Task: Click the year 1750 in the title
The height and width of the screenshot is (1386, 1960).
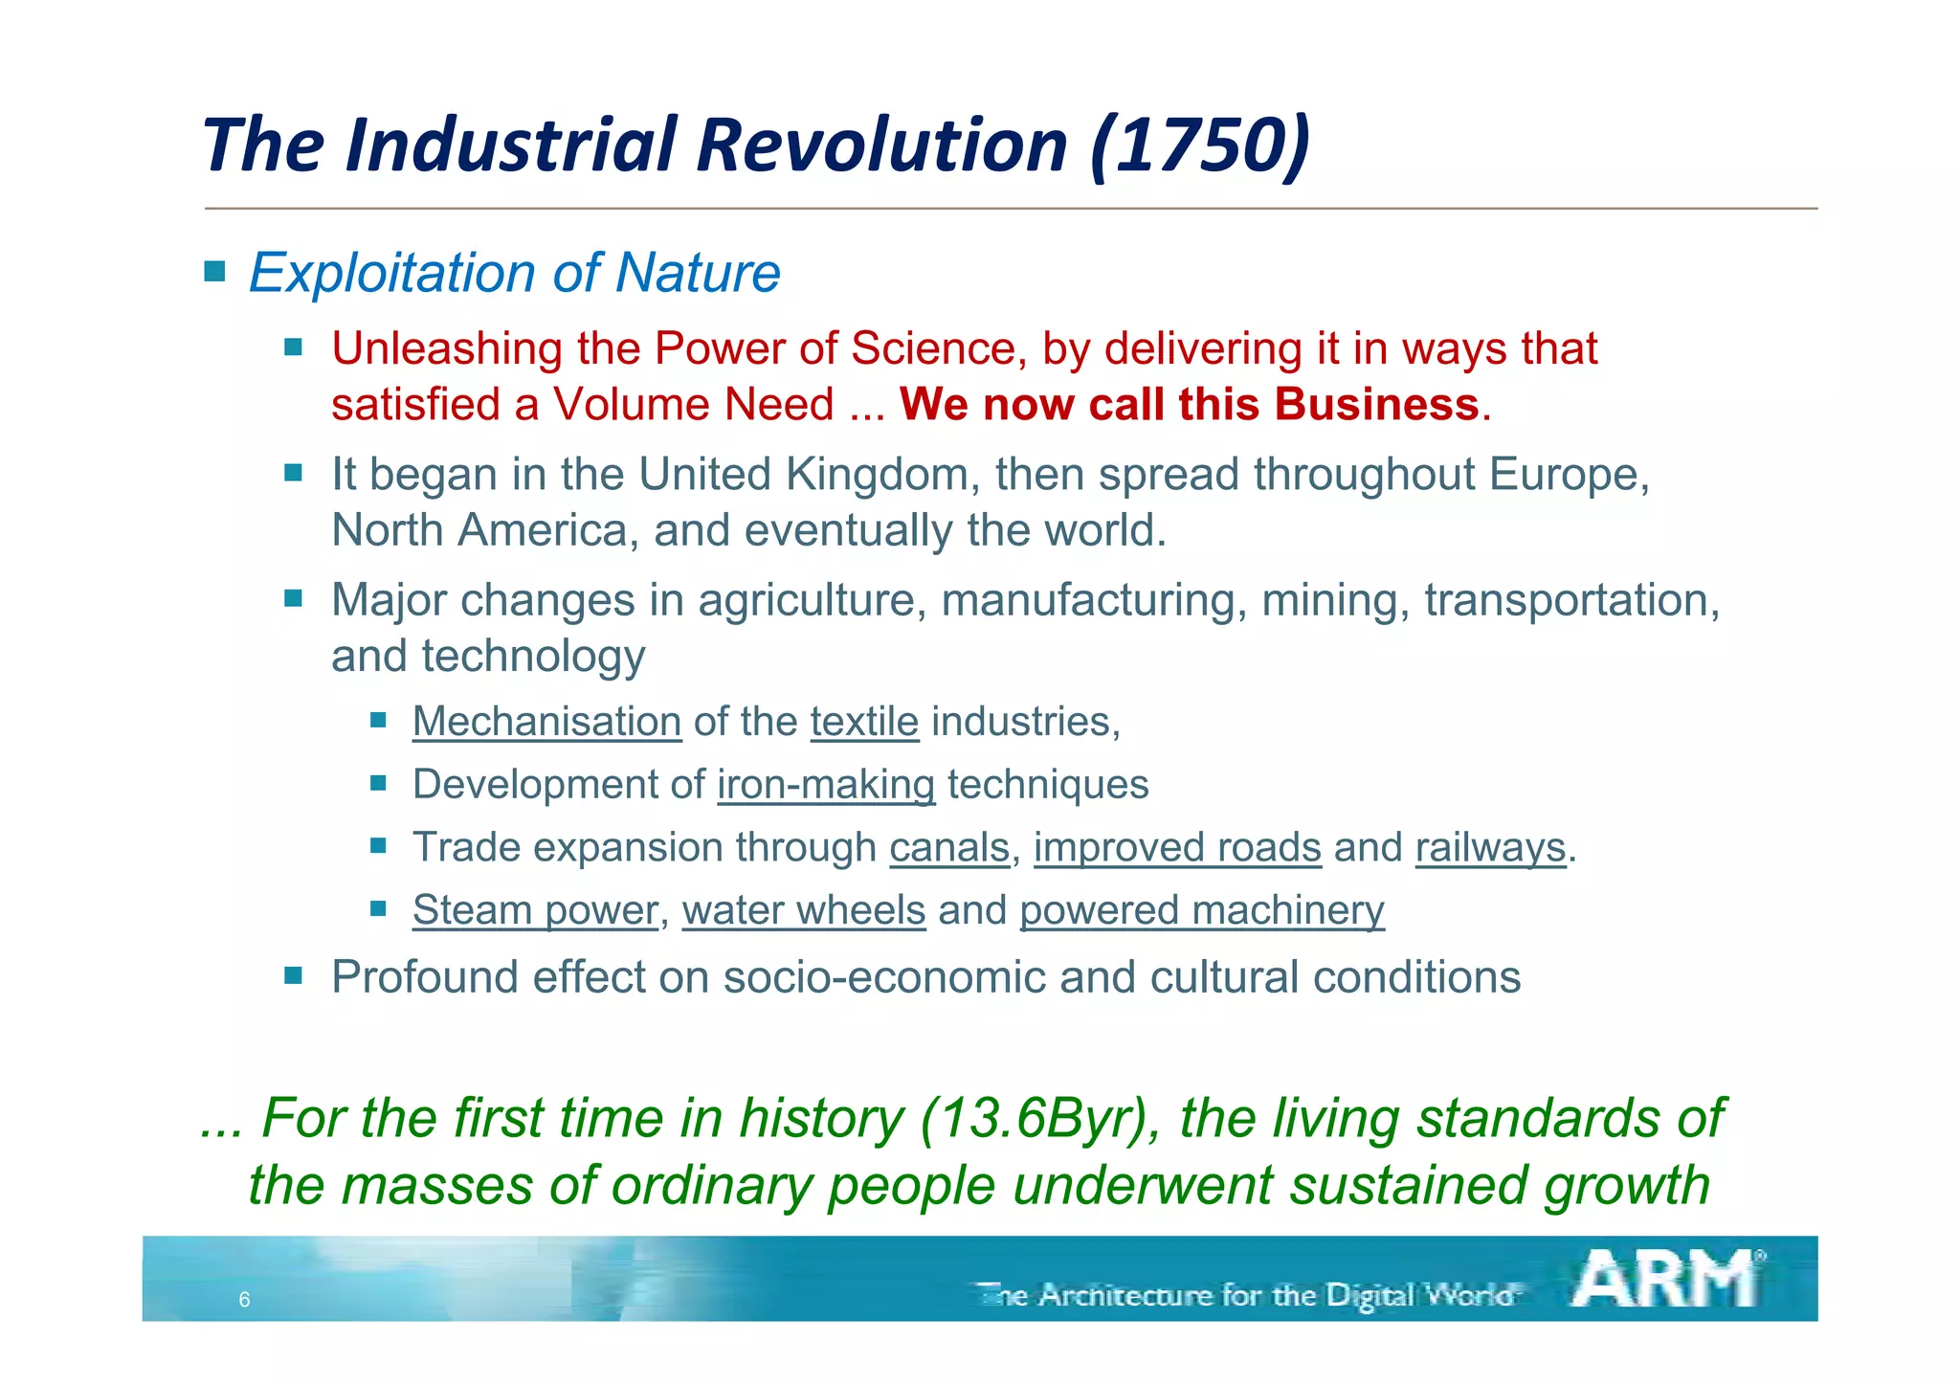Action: [x=1201, y=145]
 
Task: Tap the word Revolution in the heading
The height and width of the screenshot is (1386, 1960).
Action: [x=880, y=145]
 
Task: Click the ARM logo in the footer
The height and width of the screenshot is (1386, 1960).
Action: [x=1666, y=1280]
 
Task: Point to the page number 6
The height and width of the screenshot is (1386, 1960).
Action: [x=244, y=1300]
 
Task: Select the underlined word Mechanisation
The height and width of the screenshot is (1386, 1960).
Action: [x=546, y=722]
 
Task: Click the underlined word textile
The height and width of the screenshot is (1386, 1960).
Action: [x=864, y=722]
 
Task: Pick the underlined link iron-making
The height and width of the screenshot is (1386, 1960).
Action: [x=826, y=785]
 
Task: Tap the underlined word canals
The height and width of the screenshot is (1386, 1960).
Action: [x=949, y=848]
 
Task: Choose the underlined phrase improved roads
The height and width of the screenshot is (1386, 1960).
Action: [x=1177, y=848]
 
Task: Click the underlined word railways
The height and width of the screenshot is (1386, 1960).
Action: [x=1490, y=848]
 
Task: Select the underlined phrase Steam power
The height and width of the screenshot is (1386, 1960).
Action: [x=535, y=910]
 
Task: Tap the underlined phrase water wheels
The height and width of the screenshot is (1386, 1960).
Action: [x=804, y=910]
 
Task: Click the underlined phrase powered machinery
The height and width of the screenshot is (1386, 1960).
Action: [x=1202, y=910]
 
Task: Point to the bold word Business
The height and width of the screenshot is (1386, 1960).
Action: [x=1377, y=404]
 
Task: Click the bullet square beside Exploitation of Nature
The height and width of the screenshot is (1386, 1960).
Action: [x=214, y=272]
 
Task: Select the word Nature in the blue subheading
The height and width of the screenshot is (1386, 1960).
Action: [x=698, y=273]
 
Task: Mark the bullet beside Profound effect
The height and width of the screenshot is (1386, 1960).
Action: [x=293, y=976]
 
